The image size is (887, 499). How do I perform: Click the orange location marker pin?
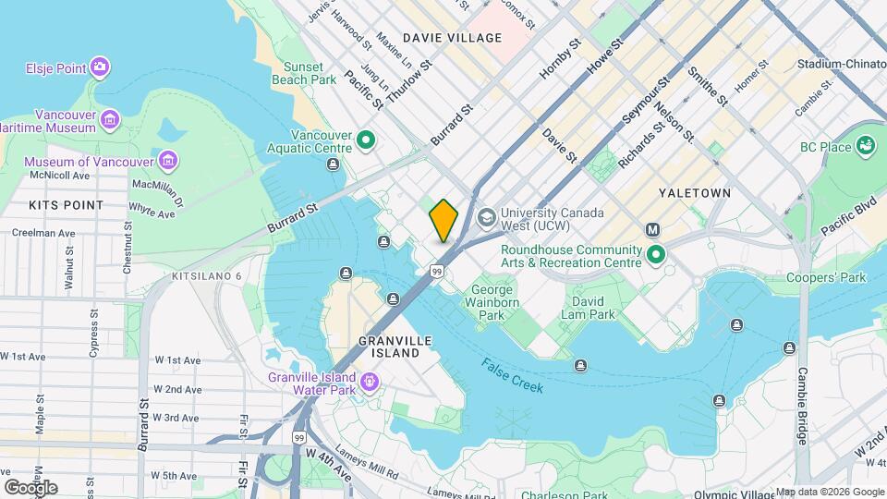pos(443,220)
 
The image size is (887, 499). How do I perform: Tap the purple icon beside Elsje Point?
pos(100,67)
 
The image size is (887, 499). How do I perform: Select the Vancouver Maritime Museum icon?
pos(110,119)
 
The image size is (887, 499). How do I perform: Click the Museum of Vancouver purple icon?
pos(168,162)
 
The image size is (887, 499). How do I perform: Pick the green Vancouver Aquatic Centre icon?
pos(366,141)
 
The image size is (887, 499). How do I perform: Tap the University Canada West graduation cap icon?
pos(486,219)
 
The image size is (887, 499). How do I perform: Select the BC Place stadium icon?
pos(866,146)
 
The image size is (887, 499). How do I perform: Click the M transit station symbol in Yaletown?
pos(653,229)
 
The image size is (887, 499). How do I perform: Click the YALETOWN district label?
pos(695,193)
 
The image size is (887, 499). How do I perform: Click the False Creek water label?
pos(512,375)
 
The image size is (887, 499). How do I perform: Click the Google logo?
pos(30,487)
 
